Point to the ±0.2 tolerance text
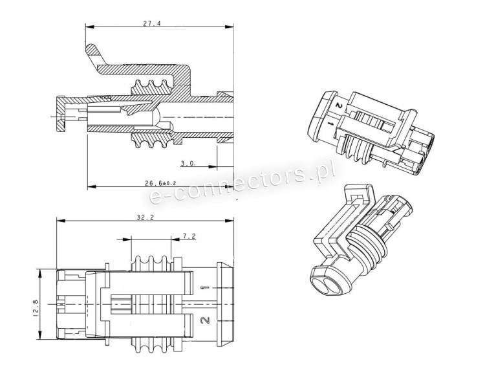pos(169,184)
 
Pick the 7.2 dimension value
pos(189,237)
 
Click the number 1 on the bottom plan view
pos(204,287)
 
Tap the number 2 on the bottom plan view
pos(204,319)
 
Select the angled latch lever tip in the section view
pos(92,50)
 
